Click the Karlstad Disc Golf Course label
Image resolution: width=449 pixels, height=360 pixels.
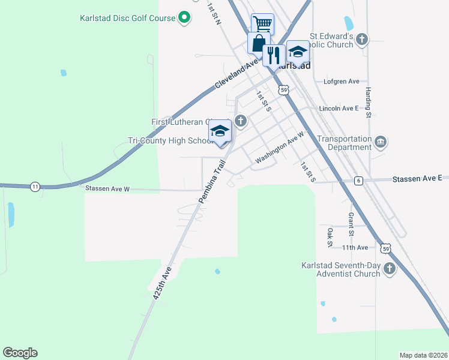[127, 18]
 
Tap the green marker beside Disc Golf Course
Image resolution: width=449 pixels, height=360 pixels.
[185, 18]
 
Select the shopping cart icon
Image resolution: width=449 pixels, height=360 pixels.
[262, 24]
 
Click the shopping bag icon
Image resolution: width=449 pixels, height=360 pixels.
[258, 43]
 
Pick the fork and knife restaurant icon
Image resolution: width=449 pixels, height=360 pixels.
[274, 55]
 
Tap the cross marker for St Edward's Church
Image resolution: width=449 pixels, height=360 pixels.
[361, 40]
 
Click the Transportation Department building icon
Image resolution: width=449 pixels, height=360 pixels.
[381, 142]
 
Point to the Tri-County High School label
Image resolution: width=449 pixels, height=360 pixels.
[170, 141]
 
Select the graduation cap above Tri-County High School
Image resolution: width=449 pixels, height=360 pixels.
[220, 131]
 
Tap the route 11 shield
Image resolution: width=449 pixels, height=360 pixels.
[35, 187]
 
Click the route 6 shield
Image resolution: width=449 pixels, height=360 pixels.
[358, 181]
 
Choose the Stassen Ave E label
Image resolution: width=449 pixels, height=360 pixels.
[417, 179]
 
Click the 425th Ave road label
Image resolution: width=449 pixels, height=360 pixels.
[162, 283]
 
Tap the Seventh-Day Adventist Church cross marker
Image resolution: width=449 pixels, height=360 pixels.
[389, 268]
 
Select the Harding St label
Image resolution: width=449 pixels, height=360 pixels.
[369, 101]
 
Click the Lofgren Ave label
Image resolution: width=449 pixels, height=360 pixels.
[341, 81]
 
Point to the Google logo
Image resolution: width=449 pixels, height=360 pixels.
[20, 353]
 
